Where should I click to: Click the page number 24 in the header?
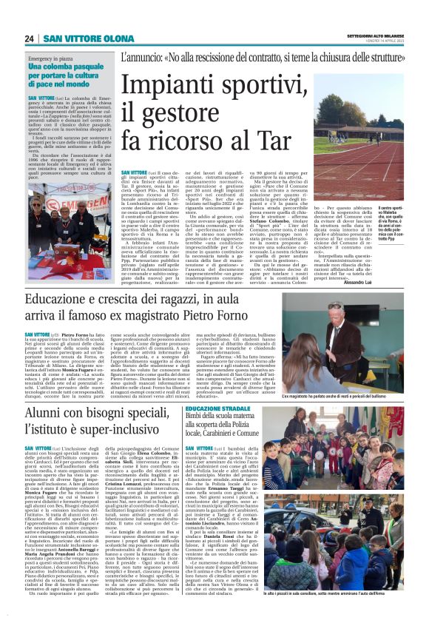(30, 38)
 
